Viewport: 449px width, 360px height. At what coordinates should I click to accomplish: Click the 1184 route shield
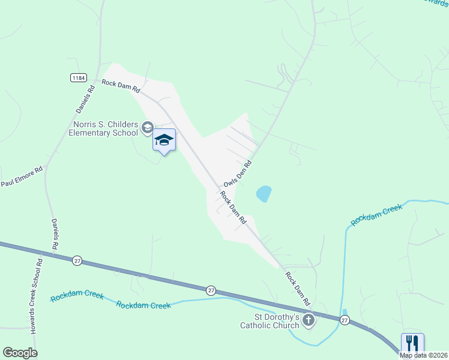click(x=78, y=77)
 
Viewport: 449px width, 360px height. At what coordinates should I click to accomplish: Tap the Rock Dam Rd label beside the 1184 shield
click(x=121, y=86)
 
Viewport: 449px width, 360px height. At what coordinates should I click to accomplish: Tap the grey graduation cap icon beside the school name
click(x=147, y=127)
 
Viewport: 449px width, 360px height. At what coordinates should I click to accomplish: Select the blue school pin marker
click(x=164, y=141)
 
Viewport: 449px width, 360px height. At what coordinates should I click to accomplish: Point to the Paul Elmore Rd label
click(x=22, y=177)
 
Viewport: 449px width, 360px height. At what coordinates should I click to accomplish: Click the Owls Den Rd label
click(x=237, y=173)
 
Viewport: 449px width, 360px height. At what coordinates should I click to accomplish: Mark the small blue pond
click(x=264, y=193)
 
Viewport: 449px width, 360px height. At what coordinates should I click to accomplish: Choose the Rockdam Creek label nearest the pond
click(x=376, y=214)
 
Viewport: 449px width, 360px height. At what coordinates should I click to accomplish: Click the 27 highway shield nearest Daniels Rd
click(x=77, y=260)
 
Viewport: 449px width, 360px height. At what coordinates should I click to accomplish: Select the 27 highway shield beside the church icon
click(x=345, y=319)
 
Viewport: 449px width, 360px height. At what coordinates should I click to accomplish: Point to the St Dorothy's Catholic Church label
click(x=269, y=321)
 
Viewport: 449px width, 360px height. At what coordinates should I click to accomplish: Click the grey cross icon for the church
click(x=309, y=320)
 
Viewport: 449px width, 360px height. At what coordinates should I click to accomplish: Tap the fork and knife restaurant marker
click(x=412, y=344)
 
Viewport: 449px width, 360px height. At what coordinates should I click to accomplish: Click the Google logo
click(x=19, y=353)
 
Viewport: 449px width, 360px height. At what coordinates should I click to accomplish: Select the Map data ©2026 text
click(x=424, y=355)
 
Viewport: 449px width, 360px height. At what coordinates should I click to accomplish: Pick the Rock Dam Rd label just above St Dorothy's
click(x=297, y=287)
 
